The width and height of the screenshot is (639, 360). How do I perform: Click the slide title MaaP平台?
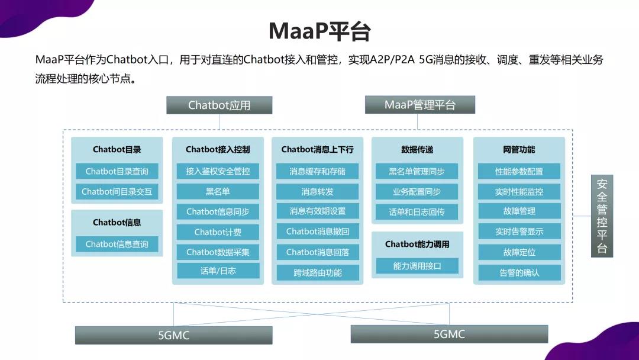pos(319,31)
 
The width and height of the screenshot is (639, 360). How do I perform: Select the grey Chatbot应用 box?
pos(220,105)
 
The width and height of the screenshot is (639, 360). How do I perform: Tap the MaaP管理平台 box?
pos(419,105)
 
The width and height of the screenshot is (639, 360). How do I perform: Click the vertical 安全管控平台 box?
pos(602,216)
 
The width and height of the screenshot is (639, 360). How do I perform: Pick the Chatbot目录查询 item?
pos(117,171)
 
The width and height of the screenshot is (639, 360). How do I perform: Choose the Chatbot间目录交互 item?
pos(117,192)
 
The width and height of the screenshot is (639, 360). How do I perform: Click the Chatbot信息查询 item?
pos(117,244)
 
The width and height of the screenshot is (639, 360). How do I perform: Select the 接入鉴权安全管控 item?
pos(218,171)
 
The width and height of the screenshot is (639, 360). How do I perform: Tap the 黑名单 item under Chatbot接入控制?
pos(218,192)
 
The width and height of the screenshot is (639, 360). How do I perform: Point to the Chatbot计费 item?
pos(218,232)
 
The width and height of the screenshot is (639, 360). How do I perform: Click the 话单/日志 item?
pos(218,271)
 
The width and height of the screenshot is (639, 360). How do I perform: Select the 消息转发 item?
pos(318,192)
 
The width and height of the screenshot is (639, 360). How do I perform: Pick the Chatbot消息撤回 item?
pos(318,232)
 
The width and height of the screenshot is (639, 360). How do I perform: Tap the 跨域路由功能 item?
pos(318,273)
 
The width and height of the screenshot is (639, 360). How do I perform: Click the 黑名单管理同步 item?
pos(417,171)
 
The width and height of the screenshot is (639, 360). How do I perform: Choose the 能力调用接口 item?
pos(417,266)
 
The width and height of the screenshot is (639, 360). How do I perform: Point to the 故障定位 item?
pos(519,252)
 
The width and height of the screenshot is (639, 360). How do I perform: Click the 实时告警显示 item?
pos(519,232)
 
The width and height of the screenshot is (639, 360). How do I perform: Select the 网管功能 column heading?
pos(519,150)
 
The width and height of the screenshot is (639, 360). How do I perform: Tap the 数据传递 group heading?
pos(417,150)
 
